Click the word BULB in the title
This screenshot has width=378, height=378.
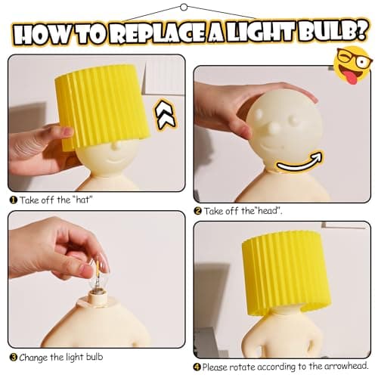[333, 32]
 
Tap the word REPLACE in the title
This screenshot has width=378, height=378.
[158, 34]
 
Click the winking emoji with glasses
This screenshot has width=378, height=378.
[353, 65]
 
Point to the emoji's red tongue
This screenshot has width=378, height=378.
[352, 77]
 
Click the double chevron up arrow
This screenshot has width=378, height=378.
[165, 115]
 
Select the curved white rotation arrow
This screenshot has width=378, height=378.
[299, 162]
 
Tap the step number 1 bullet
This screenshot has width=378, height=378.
[13, 200]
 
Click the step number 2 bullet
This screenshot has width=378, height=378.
[198, 211]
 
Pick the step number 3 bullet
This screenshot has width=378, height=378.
[13, 358]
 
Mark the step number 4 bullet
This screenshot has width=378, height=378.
[197, 367]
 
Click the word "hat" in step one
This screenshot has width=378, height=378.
[82, 200]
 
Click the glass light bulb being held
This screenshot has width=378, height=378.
[97, 281]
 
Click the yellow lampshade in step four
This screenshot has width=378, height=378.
[286, 273]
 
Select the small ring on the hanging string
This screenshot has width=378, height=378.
[184, 7]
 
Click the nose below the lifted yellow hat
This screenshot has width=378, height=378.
[115, 146]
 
